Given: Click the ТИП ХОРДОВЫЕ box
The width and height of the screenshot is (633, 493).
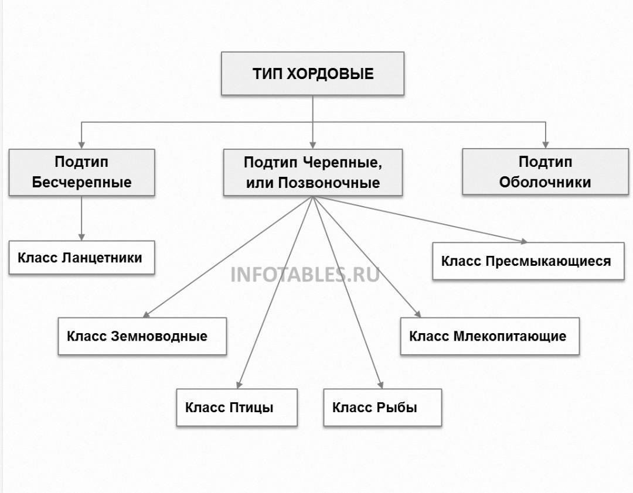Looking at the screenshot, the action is pos(312,73).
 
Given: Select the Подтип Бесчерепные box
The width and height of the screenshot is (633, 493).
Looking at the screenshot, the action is pos(81,172).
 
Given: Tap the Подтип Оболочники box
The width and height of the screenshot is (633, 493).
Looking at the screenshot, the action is pos(545,172).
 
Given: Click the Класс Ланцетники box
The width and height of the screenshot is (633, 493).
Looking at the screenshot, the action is pos(81,258).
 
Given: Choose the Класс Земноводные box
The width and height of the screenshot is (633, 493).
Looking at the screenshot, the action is pos(142,336).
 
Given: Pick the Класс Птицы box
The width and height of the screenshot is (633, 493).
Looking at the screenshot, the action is pos(237,408).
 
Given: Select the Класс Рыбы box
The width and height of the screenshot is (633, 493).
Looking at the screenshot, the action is pos(382,408).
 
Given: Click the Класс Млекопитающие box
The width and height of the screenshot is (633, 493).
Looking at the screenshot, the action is pos(489,336).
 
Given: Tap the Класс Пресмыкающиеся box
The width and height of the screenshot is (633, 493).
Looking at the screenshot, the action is pos(528,261).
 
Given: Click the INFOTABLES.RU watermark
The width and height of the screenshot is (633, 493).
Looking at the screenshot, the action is pos(305,275).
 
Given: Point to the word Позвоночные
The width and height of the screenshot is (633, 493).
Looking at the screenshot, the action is pos(329,183).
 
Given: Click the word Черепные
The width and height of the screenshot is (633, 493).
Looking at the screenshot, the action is pos(342,163).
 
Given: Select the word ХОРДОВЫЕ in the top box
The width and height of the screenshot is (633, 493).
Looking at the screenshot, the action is pos(330,74).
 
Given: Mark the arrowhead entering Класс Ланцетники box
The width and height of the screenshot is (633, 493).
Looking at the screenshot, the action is pos(81,237).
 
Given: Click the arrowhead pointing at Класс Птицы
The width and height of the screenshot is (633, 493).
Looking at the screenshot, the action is pos(239,385).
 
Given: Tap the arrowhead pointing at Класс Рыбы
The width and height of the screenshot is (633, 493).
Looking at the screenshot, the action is pos(380,385).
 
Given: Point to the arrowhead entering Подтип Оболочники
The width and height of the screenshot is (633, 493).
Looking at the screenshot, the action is pos(546,145).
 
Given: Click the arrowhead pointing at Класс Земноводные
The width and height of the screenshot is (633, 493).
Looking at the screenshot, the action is pos(147,314).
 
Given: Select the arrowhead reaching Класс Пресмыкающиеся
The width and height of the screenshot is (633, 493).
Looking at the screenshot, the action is pos(523,241).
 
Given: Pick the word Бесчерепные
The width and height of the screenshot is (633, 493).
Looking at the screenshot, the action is pos(81,182).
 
